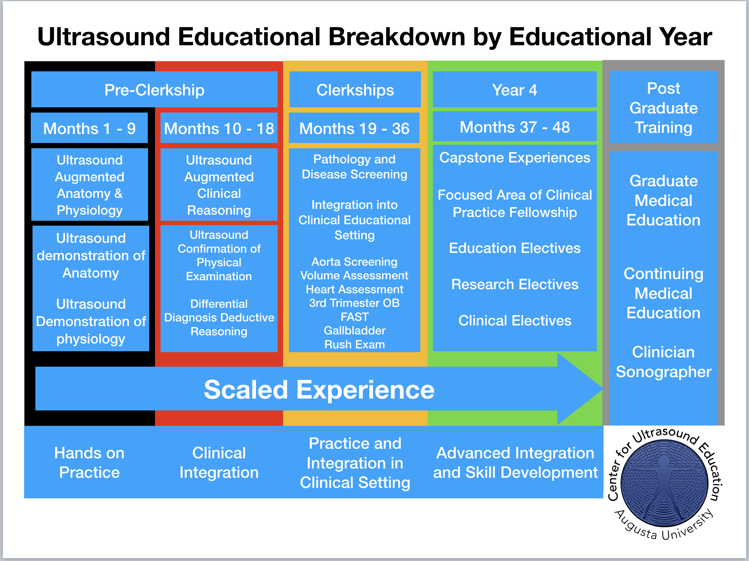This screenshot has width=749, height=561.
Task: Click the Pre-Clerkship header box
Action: pyautogui.click(x=154, y=89)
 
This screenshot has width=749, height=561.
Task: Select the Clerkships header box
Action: pyautogui.click(x=355, y=89)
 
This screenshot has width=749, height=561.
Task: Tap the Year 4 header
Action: pyautogui.click(x=515, y=89)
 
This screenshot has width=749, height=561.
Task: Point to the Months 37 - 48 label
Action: pyautogui.click(x=515, y=126)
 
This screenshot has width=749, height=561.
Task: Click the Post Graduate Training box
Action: pyautogui.click(x=663, y=107)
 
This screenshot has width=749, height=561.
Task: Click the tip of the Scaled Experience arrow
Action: pyautogui.click(x=602, y=389)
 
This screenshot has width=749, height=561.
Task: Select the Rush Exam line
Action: pyautogui.click(x=354, y=344)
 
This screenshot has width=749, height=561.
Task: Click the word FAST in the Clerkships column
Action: pyautogui.click(x=354, y=317)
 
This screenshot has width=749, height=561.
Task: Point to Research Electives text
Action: pyautogui.click(x=515, y=284)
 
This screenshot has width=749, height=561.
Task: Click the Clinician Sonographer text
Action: pyautogui.click(x=663, y=362)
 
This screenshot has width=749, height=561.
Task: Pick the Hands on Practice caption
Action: pyautogui.click(x=89, y=463)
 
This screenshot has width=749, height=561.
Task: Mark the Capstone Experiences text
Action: pyautogui.click(x=515, y=158)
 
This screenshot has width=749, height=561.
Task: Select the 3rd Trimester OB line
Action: pyautogui.click(x=354, y=303)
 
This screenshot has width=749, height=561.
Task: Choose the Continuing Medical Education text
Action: pyautogui.click(x=663, y=293)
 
